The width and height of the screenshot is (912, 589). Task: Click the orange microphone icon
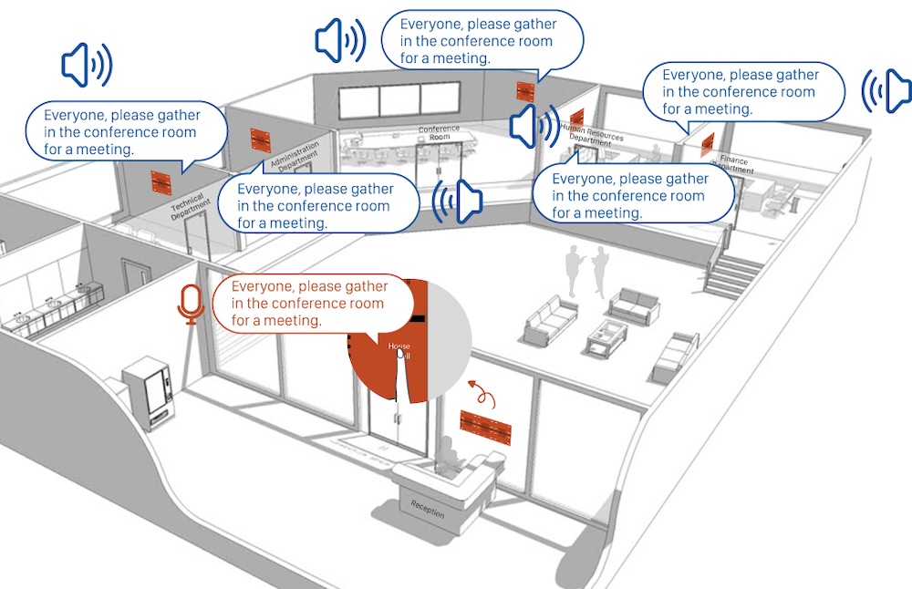click(191, 304)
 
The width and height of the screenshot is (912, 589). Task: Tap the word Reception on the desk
click(427, 509)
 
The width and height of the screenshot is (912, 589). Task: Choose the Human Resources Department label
click(586, 134)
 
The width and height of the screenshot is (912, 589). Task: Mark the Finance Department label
click(734, 164)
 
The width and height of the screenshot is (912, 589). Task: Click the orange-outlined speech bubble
click(311, 304)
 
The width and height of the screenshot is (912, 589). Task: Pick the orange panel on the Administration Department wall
click(262, 140)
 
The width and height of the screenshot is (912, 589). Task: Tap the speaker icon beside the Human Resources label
click(534, 125)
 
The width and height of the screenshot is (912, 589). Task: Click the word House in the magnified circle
click(399, 346)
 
